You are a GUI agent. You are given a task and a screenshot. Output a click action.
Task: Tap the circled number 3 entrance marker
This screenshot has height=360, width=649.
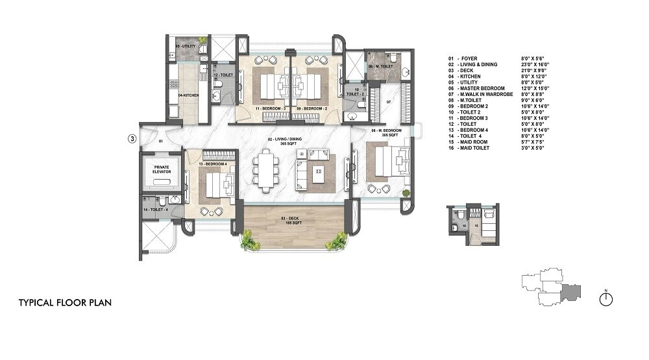click(132, 138)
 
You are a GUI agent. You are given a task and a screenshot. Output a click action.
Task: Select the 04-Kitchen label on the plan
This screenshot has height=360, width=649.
click(188, 96)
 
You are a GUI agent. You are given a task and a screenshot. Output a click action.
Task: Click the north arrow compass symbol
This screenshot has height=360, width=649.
click(607, 298)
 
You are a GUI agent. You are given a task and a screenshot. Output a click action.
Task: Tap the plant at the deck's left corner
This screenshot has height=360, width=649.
click(249, 241)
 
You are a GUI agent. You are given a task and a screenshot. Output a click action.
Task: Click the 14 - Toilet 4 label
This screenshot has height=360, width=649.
click(155, 210)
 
